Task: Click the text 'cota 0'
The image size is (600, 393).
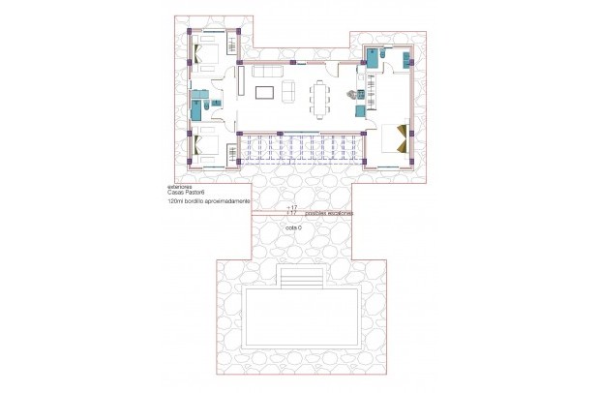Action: (x=294, y=227)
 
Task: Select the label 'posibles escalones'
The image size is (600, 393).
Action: (x=328, y=212)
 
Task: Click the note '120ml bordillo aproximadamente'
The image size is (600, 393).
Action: (x=208, y=201)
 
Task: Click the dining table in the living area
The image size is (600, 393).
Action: (x=320, y=97)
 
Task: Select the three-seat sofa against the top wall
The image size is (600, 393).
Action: (x=267, y=71)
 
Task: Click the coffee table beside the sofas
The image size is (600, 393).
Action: (x=264, y=93)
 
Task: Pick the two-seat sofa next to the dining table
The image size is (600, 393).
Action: (x=287, y=92)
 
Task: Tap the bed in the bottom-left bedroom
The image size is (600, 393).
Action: (x=206, y=147)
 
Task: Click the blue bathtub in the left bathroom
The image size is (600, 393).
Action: (x=199, y=106)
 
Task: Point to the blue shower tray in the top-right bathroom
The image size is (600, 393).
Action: (x=372, y=57)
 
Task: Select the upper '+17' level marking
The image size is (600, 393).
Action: (x=293, y=207)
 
